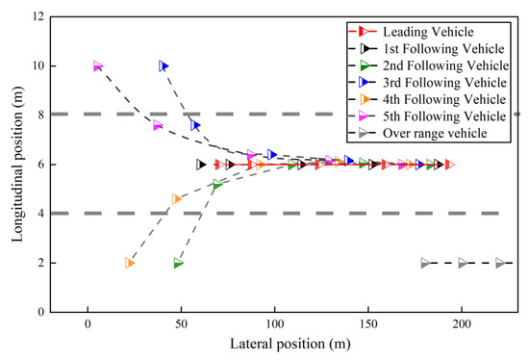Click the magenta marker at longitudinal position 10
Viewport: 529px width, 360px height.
[97, 66]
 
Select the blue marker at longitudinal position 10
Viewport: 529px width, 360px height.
[164, 66]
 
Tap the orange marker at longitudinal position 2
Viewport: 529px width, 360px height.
[129, 263]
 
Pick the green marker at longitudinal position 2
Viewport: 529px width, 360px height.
[178, 263]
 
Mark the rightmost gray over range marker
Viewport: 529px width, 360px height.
[499, 263]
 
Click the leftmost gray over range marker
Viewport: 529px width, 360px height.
[425, 263]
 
